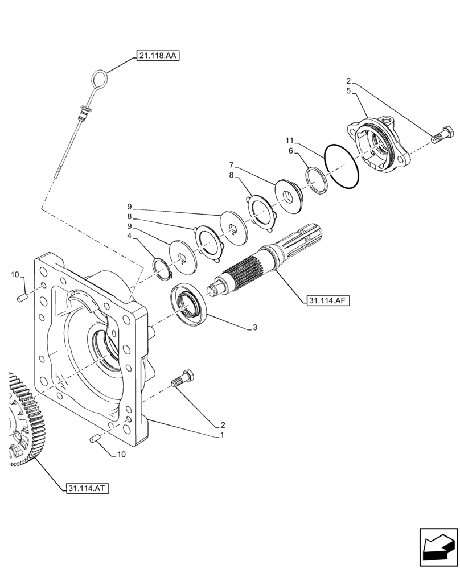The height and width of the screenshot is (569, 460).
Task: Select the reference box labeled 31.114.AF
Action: coord(327,300)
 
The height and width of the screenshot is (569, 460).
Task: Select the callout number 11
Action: coord(289,139)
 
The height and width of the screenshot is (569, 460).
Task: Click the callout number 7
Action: coord(232,165)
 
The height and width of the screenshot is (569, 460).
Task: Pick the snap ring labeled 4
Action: coord(163,269)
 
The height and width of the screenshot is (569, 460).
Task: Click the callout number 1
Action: coord(222,435)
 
